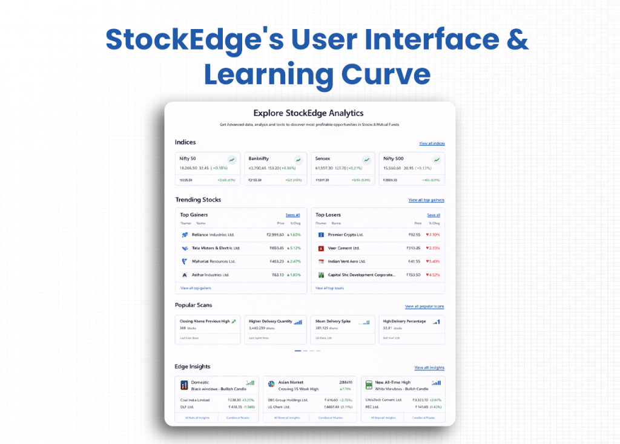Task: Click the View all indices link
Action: point(432,143)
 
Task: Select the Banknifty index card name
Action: point(259,158)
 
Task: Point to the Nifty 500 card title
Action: point(394,158)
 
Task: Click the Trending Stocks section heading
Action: point(198,200)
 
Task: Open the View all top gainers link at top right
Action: point(426,200)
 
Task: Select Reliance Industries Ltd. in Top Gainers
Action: point(213,235)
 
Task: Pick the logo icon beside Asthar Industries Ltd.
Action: point(185,275)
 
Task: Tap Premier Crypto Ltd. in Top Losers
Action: point(345,235)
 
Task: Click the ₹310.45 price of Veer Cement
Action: point(414,248)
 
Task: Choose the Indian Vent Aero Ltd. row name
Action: point(346,261)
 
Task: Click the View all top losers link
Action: point(329,288)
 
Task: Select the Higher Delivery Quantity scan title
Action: point(270,321)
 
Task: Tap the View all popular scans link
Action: point(424,307)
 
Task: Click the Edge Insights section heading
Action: point(193,367)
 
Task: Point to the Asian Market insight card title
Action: point(292,382)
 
